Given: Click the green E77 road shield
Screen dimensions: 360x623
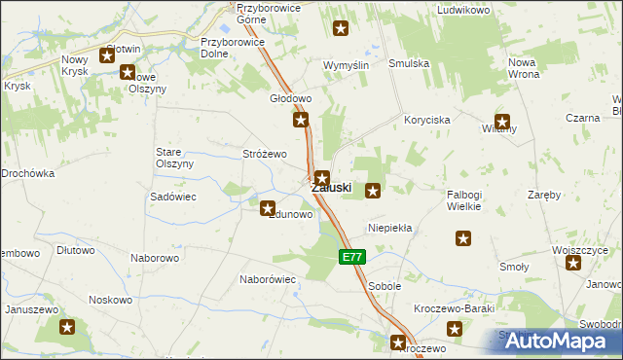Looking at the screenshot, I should coord(352,257).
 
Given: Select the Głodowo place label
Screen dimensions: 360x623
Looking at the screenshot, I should coord(289,99).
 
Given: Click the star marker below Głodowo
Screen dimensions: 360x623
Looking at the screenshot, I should coord(302,121).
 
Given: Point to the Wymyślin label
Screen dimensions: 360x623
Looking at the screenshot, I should coord(345,64).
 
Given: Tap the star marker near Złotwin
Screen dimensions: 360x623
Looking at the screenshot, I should coord(106,56).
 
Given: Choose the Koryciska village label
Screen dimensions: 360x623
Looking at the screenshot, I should coord(427,119).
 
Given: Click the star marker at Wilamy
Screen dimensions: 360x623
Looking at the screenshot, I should coord(502,123).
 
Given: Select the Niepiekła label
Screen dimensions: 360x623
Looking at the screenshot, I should coord(390,228).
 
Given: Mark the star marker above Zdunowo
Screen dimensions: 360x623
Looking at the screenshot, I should coord(268,206).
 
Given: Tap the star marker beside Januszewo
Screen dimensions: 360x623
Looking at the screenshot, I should coord(67,328).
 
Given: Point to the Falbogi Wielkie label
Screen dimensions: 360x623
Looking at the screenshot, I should coord(471,199).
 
